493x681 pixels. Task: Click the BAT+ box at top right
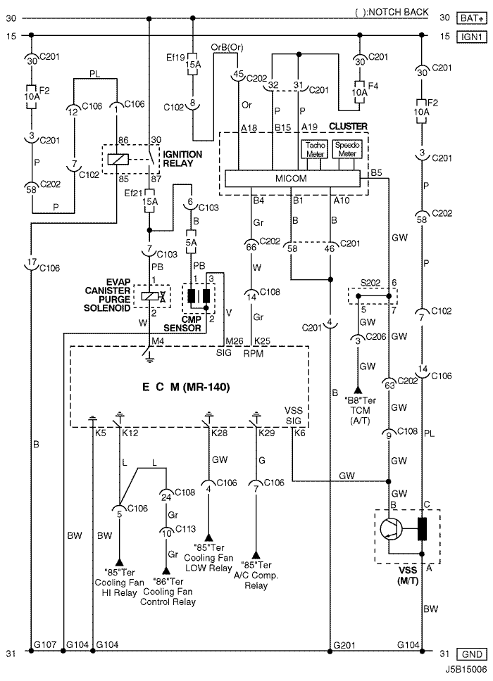[x=471, y=18]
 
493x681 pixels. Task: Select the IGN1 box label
[x=471, y=37]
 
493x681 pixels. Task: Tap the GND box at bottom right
[x=471, y=654]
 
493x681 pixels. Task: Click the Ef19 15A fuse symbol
[x=192, y=64]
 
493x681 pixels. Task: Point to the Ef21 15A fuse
[x=149, y=201]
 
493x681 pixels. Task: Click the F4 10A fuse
[x=359, y=92]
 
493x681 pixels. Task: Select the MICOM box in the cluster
[x=292, y=179]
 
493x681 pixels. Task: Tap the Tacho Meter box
[x=315, y=149]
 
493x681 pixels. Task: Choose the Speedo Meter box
[x=347, y=149]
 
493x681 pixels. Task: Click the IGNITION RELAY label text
[x=182, y=159]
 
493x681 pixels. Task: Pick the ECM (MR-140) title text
[x=186, y=386]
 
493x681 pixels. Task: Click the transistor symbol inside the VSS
[x=391, y=530]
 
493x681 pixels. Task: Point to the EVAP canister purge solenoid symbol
[x=152, y=297]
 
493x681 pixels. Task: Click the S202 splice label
[x=370, y=283]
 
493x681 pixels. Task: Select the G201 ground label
[x=344, y=645]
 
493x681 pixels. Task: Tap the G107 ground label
[x=45, y=644]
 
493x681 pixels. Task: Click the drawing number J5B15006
[x=466, y=669]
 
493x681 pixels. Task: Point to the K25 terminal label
[x=262, y=341]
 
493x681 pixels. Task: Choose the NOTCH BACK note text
[x=392, y=12]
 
